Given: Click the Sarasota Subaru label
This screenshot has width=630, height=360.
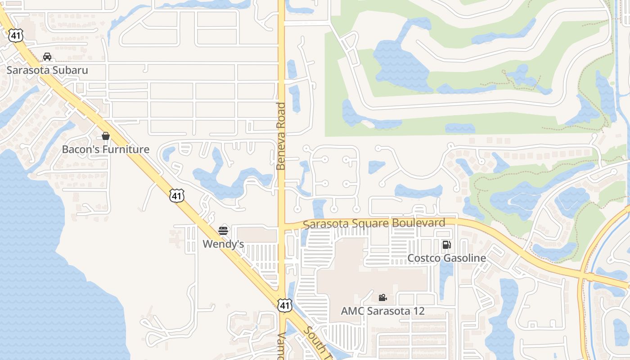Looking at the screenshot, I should tap(47, 70).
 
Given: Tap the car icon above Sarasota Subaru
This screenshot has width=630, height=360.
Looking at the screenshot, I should tap(47, 57).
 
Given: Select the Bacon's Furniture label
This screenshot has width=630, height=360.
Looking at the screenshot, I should tap(106, 149).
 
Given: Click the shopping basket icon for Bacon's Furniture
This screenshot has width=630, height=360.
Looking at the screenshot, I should tap(106, 136).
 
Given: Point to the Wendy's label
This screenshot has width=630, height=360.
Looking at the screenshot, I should tap(223, 244).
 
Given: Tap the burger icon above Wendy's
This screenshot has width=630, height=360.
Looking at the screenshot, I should tap(223, 231).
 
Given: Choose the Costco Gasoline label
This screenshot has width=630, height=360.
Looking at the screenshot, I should tap(446, 258).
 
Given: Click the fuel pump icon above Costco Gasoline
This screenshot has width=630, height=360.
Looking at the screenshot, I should tap(446, 245).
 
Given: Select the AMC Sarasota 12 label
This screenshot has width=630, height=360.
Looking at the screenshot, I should tap(382, 311).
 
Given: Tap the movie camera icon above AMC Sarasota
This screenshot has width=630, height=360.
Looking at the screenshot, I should tap(382, 297).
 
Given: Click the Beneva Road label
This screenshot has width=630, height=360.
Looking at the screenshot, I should tap(281, 136).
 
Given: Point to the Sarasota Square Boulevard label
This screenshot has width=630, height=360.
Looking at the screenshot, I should tap(374, 223).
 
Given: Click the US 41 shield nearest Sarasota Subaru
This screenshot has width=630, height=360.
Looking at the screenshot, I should tap(15, 36).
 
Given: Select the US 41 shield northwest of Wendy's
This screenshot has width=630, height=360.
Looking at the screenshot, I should tap(177, 195).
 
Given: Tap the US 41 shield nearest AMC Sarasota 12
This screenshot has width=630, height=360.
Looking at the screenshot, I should tap(284, 305).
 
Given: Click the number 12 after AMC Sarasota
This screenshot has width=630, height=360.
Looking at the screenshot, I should tap(418, 311).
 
